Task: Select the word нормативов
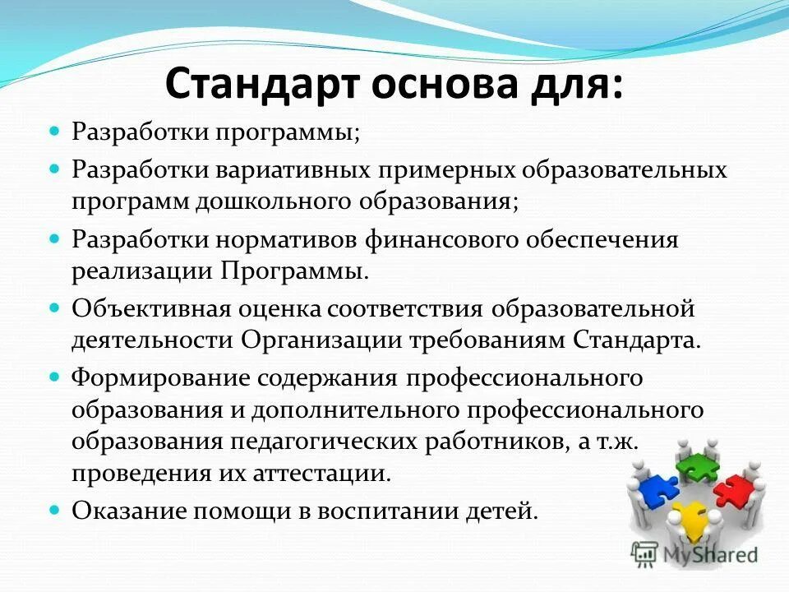point(280,239)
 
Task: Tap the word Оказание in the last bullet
point(125,511)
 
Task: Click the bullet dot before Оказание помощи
point(56,511)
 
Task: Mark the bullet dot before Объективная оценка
point(56,308)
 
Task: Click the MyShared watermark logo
point(694,553)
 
